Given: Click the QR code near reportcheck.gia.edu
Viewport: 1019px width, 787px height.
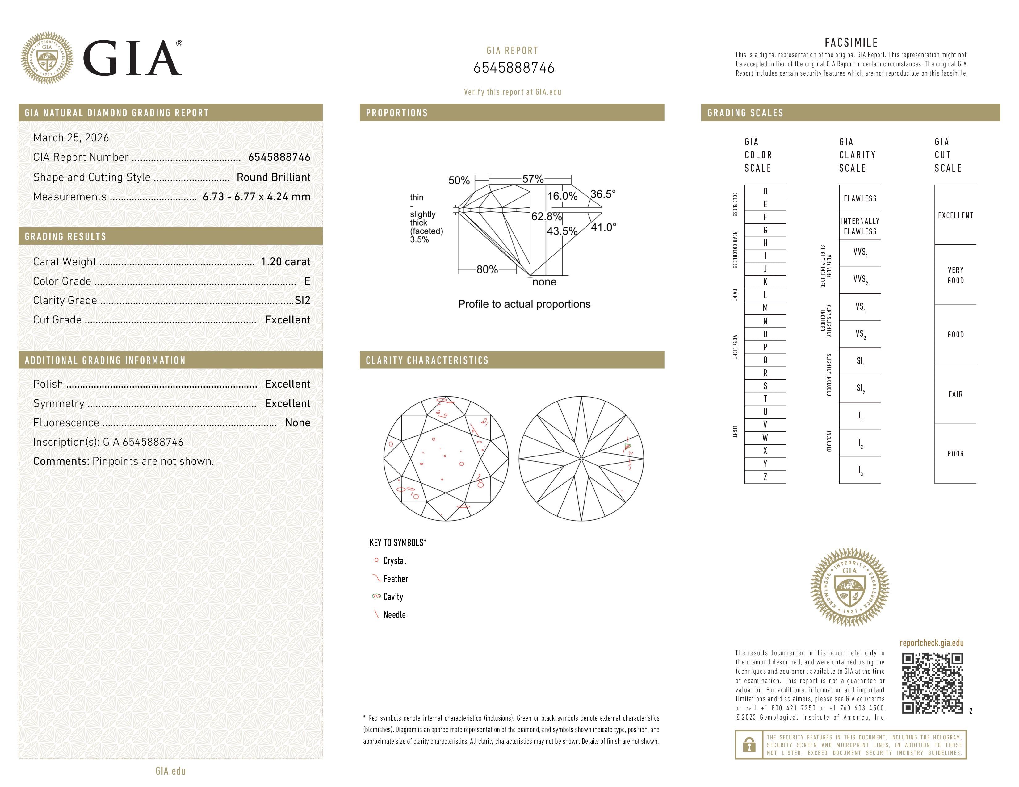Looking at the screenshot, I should [x=932, y=683].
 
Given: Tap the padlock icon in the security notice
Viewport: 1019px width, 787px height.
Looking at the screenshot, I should [x=749, y=745].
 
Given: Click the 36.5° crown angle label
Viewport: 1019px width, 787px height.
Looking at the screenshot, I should [x=603, y=194].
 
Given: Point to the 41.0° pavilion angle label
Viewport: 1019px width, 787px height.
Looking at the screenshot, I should [x=603, y=227].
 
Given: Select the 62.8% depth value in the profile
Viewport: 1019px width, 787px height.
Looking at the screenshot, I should [x=546, y=216].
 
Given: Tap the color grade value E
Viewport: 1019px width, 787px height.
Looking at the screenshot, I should [x=307, y=281].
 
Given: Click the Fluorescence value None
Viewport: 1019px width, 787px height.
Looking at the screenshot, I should [x=297, y=423].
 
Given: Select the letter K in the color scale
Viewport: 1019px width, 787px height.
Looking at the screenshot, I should [x=765, y=282].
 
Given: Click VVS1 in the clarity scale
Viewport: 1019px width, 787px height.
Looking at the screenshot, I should [x=860, y=252].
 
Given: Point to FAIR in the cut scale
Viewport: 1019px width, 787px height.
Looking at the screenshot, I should [x=955, y=394].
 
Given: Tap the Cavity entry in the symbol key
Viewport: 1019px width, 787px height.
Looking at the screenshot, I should [x=393, y=597].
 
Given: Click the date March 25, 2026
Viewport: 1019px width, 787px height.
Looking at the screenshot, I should [x=71, y=138].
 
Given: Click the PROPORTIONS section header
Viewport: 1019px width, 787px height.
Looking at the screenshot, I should [x=396, y=113].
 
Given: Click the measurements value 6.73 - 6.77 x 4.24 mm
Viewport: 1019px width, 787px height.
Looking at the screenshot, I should [x=256, y=197].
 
